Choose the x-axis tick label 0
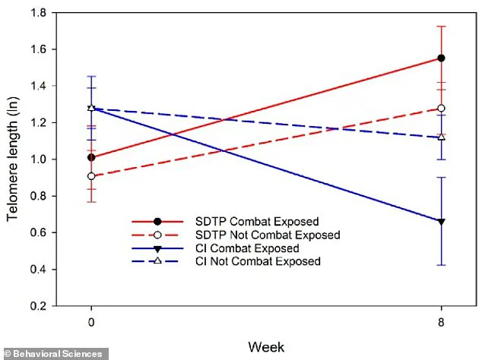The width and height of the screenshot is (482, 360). pos(91,321)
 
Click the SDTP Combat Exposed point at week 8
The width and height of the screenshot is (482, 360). pos(441,58)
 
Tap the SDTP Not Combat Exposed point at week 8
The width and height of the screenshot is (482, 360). pos(441,108)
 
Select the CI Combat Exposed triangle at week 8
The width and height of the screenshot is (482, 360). pos(441,221)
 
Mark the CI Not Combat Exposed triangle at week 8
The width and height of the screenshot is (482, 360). pos(441,137)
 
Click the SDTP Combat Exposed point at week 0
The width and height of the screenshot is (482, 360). pos(91,158)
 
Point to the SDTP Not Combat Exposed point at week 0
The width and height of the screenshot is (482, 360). pos(91,176)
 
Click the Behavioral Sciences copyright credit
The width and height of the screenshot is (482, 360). pos(53,354)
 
